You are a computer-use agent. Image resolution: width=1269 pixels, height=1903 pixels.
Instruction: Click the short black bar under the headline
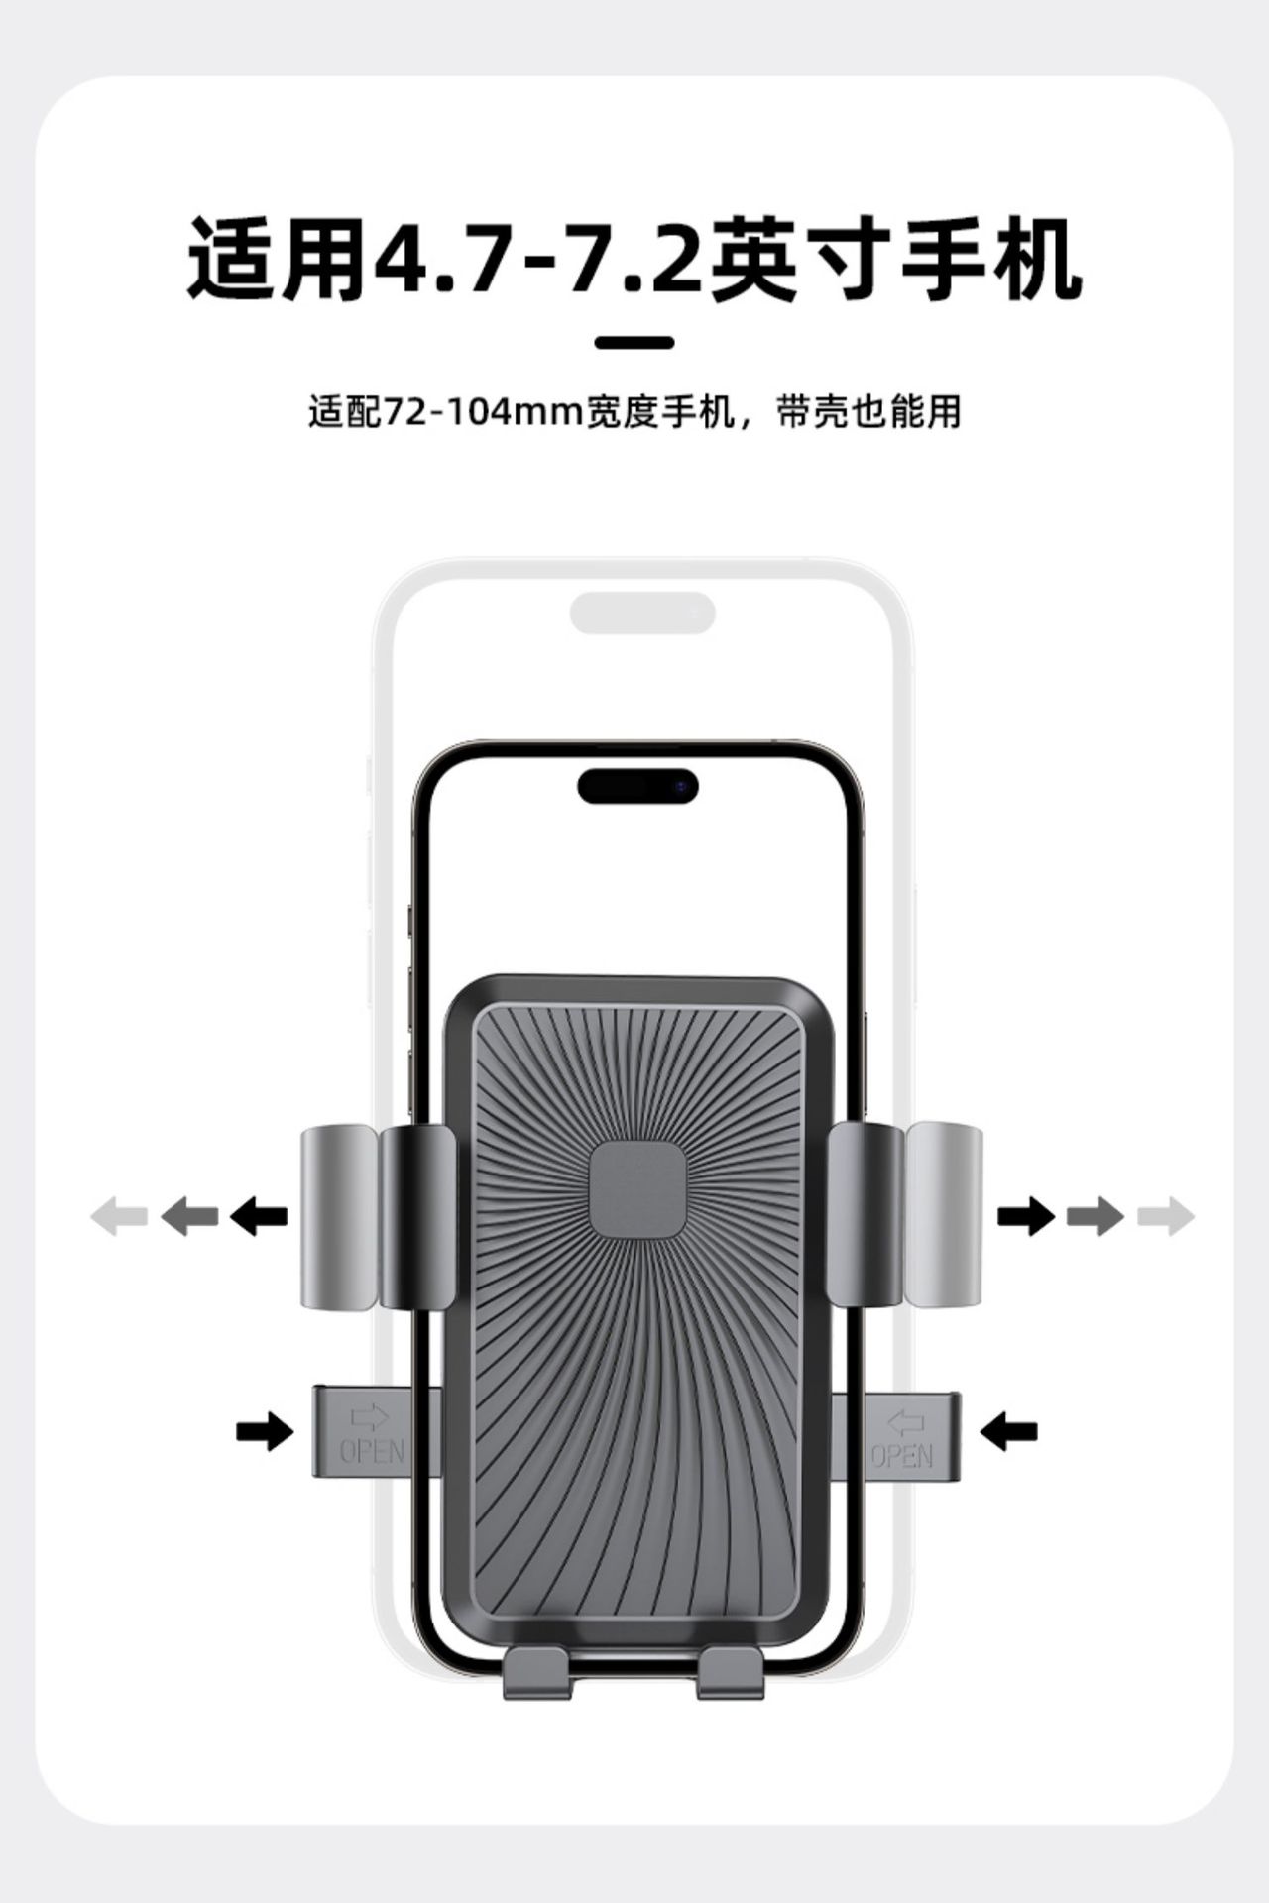[x=634, y=343]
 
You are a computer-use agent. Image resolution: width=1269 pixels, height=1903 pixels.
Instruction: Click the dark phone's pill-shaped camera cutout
[x=638, y=787]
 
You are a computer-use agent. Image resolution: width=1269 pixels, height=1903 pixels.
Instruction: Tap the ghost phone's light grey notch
[x=642, y=614]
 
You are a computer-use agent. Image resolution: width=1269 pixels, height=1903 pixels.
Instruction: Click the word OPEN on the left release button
[x=372, y=1452]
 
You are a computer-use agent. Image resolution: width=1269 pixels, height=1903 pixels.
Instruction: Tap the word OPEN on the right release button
[x=902, y=1455]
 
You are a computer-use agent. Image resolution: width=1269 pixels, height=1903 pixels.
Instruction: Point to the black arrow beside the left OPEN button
[x=265, y=1431]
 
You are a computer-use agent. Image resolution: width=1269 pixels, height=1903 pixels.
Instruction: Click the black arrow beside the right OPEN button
[x=1008, y=1431]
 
